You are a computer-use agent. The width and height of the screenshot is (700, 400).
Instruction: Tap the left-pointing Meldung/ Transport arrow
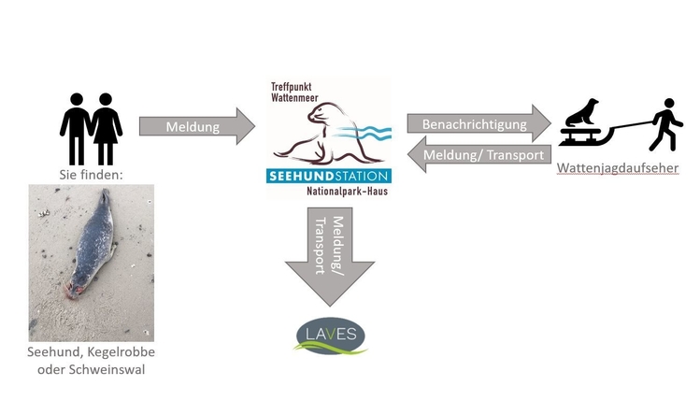coord(479,154)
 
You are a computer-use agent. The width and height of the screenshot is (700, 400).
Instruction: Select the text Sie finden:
coord(93,173)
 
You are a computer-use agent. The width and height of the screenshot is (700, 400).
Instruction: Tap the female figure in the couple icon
coord(107,125)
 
